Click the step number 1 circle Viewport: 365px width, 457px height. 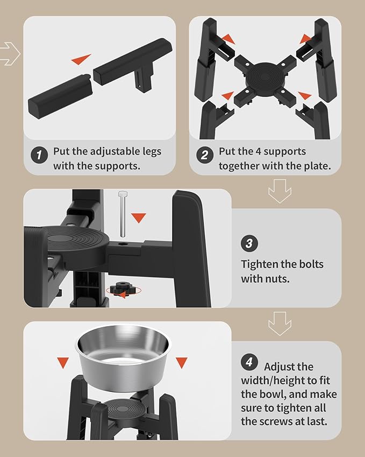click(39, 155)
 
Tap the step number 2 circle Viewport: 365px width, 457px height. click(205, 155)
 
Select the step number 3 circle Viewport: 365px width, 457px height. click(249, 243)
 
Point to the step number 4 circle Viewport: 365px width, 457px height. click(249, 362)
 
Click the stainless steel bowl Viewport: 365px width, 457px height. click(122, 358)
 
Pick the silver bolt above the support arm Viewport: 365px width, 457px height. click(123, 214)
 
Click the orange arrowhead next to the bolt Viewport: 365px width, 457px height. click(138, 217)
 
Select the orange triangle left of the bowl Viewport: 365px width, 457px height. click(63, 363)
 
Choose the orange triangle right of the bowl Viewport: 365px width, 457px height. click(181, 363)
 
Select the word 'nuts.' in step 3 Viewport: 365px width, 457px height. click(277, 279)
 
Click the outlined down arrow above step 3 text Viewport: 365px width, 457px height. click(280, 191)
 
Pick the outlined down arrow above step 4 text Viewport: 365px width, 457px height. click(280, 324)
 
